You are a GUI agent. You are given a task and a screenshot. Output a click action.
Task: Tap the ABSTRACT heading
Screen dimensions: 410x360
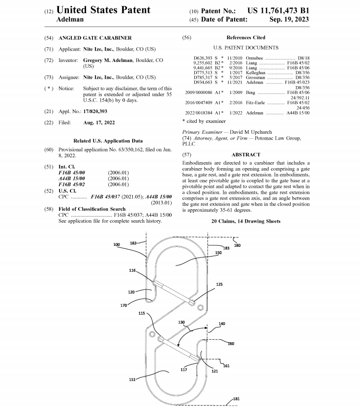coord(245,154)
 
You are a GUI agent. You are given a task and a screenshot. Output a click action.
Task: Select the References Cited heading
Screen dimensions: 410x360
coord(245,38)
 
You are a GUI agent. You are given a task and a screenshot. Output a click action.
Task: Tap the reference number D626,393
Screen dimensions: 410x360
coord(203,58)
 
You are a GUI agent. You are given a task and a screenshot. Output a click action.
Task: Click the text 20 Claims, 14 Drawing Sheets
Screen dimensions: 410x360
coord(246,221)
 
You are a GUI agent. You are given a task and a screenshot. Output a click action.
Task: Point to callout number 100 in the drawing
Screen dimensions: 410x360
coord(117,244)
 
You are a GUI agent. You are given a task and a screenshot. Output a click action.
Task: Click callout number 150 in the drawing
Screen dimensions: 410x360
coord(218,252)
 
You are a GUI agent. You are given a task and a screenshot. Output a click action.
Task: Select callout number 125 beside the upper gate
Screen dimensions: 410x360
coord(219,285)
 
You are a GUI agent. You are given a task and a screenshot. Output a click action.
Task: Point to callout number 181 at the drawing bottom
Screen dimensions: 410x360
coord(236,399)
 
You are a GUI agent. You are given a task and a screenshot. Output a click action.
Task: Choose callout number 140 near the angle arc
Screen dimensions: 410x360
coord(222,324)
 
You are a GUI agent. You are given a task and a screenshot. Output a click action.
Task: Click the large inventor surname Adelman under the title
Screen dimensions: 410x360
coord(70,20)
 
